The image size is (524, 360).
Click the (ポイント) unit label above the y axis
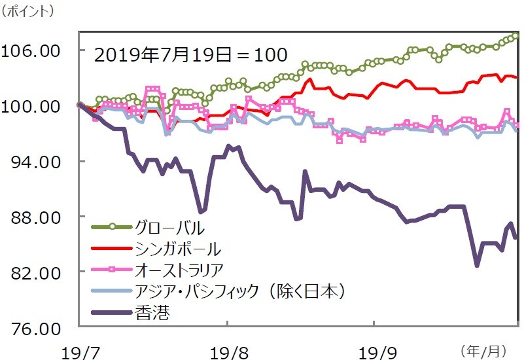click(x=29, y=11)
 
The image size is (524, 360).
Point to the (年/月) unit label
click(x=483, y=350)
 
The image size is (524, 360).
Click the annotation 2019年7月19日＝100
click(x=190, y=54)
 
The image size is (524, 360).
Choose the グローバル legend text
click(x=169, y=228)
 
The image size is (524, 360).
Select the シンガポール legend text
click(x=177, y=249)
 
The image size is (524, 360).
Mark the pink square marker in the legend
click(x=112, y=269)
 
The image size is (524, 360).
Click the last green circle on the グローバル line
click(x=516, y=35)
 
